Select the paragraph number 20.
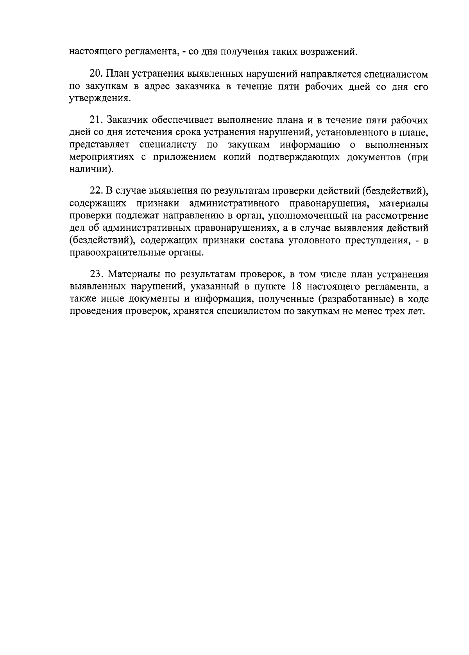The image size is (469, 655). click(x=96, y=74)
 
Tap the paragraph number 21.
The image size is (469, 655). click(x=96, y=120)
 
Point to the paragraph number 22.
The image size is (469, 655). click(x=96, y=191)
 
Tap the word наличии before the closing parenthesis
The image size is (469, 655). click(x=89, y=170)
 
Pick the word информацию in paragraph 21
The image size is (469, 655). click(x=309, y=145)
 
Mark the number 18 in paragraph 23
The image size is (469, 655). click(x=297, y=287)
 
